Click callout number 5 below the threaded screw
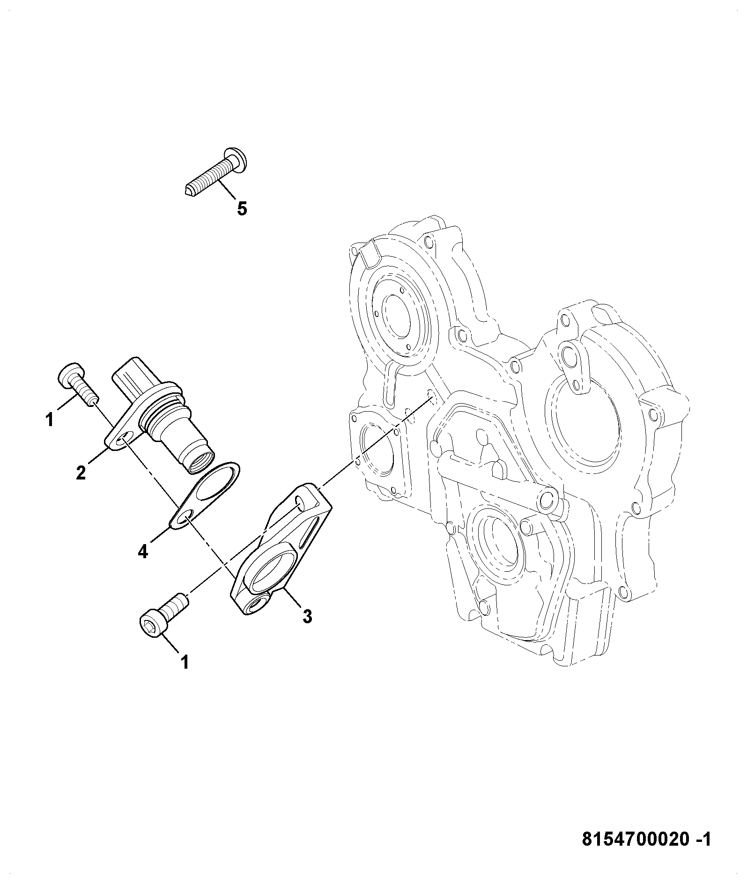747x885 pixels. pos(242,209)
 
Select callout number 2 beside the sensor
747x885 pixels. pos(81,473)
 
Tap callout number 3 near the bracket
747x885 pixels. pos(307,617)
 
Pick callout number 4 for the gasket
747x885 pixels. pos(143,552)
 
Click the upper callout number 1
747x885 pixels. pos(50,419)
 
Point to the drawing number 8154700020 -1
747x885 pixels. pos(646,839)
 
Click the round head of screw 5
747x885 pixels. pos(236,159)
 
